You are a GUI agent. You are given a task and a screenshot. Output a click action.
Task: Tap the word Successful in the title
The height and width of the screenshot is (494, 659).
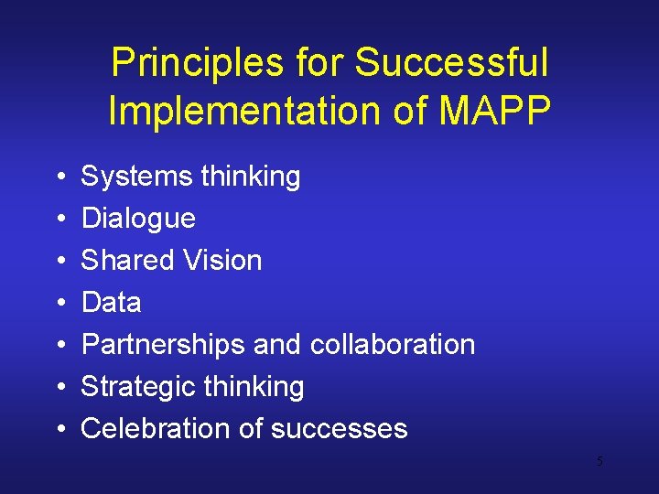(451, 64)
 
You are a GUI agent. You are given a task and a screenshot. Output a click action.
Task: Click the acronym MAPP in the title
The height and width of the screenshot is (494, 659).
(494, 112)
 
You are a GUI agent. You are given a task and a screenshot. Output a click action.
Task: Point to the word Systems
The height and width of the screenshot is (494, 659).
(133, 177)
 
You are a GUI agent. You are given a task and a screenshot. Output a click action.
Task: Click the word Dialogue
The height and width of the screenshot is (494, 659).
(138, 219)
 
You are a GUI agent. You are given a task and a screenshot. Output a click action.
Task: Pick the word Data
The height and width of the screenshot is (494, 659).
(111, 302)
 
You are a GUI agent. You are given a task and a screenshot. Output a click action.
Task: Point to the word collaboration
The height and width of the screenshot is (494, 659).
(393, 344)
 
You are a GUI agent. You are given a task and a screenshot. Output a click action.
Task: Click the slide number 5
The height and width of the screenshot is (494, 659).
(600, 462)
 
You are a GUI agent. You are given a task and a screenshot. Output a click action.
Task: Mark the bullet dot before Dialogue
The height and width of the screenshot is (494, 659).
(58, 220)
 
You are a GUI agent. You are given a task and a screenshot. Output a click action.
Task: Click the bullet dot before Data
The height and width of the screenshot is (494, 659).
(58, 303)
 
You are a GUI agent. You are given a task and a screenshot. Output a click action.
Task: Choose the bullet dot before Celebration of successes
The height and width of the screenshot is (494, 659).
(58, 429)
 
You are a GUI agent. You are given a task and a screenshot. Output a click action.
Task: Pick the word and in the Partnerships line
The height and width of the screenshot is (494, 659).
(277, 344)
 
